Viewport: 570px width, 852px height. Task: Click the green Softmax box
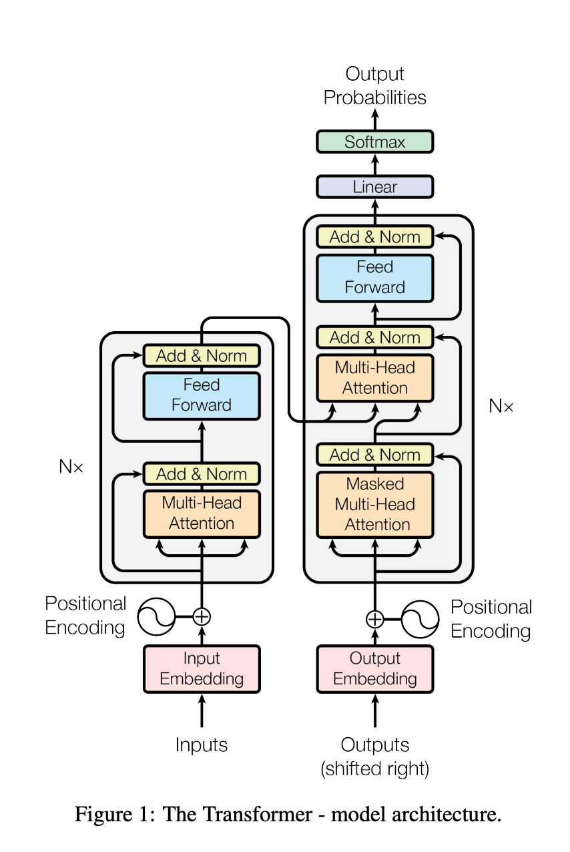[x=374, y=142]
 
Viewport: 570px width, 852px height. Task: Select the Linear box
[x=374, y=187]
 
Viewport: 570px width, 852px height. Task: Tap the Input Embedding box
[x=202, y=668]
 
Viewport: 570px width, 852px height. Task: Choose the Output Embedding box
[x=374, y=668]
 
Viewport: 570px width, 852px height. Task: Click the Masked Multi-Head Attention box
[x=374, y=504]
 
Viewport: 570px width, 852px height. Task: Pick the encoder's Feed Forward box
[x=202, y=395]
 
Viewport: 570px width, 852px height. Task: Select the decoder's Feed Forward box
[x=374, y=277]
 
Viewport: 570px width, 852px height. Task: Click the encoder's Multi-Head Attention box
[x=202, y=513]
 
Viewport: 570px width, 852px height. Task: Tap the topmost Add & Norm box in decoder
[x=374, y=237]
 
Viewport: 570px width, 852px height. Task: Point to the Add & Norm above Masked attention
[x=374, y=455]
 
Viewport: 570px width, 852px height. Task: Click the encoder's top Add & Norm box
[x=202, y=356]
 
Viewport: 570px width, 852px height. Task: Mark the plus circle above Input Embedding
[x=202, y=616]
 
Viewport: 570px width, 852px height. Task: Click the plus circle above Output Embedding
[x=375, y=619]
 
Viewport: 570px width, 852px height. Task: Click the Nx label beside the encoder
[x=71, y=467]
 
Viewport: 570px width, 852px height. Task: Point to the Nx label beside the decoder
[x=501, y=405]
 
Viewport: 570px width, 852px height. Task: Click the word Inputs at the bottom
[x=202, y=744]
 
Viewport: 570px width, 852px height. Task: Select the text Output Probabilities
[x=374, y=85]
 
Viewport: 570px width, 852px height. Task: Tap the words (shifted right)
[x=374, y=769]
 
